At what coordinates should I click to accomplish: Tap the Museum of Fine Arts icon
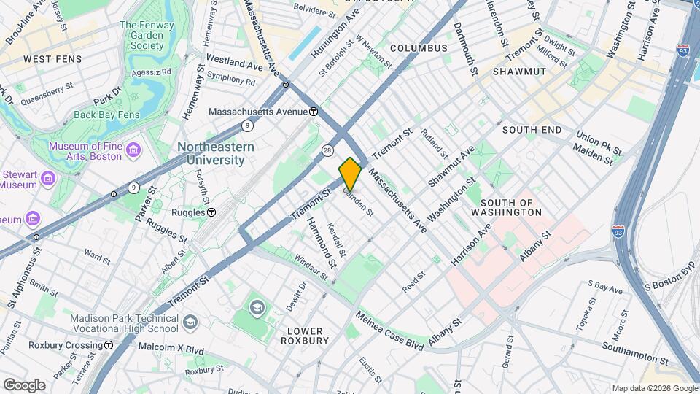pyautogui.click(x=133, y=150)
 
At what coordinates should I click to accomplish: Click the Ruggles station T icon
pyautogui.click(x=211, y=212)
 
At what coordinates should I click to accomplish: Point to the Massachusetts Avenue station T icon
pyautogui.click(x=313, y=112)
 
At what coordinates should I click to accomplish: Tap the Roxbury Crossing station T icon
pyautogui.click(x=108, y=345)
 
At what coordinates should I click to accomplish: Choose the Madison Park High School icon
pyautogui.click(x=190, y=322)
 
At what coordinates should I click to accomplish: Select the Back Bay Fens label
pyautogui.click(x=107, y=115)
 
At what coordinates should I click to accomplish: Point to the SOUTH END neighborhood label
pyautogui.click(x=532, y=129)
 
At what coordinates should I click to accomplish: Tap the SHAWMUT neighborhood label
pyautogui.click(x=519, y=72)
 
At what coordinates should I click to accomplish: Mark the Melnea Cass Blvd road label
pyautogui.click(x=389, y=331)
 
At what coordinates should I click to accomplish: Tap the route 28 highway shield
pyautogui.click(x=328, y=150)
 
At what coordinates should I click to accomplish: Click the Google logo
pyautogui.click(x=24, y=385)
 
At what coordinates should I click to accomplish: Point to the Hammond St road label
pyautogui.click(x=322, y=241)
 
